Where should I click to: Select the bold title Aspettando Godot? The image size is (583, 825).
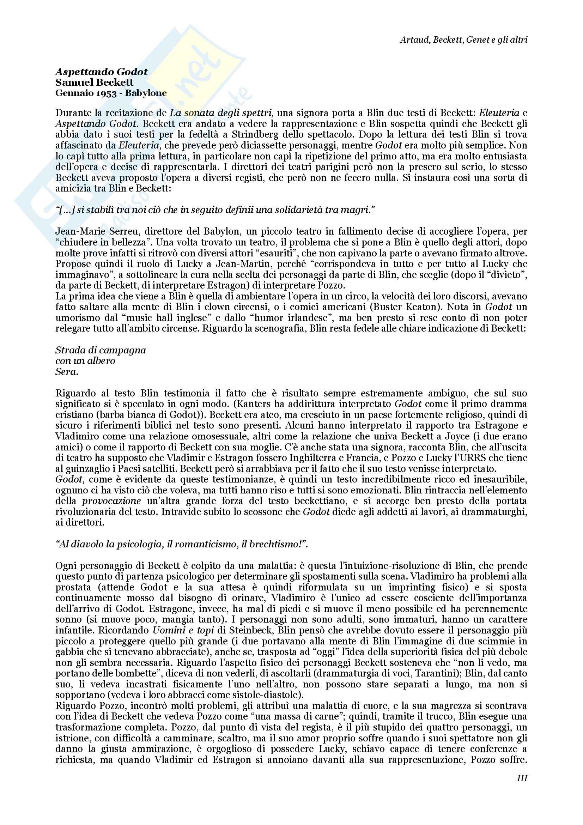point(102,72)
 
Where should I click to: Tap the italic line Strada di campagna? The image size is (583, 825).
point(101,350)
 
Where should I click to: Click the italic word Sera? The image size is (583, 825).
point(66,372)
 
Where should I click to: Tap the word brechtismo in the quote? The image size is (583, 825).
point(275,544)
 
